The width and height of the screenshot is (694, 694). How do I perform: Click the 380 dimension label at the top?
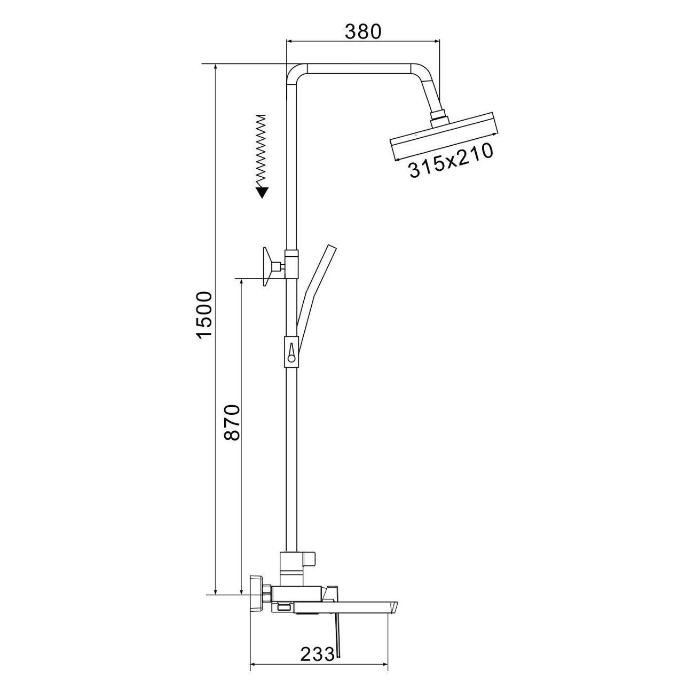[x=363, y=32]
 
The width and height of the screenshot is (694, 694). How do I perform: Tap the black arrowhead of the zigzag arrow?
[x=261, y=192]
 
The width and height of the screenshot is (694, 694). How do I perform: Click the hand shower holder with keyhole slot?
[x=291, y=351]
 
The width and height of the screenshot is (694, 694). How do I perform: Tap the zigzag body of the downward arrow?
[x=261, y=149]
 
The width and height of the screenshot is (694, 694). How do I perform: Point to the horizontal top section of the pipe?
[x=358, y=69]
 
